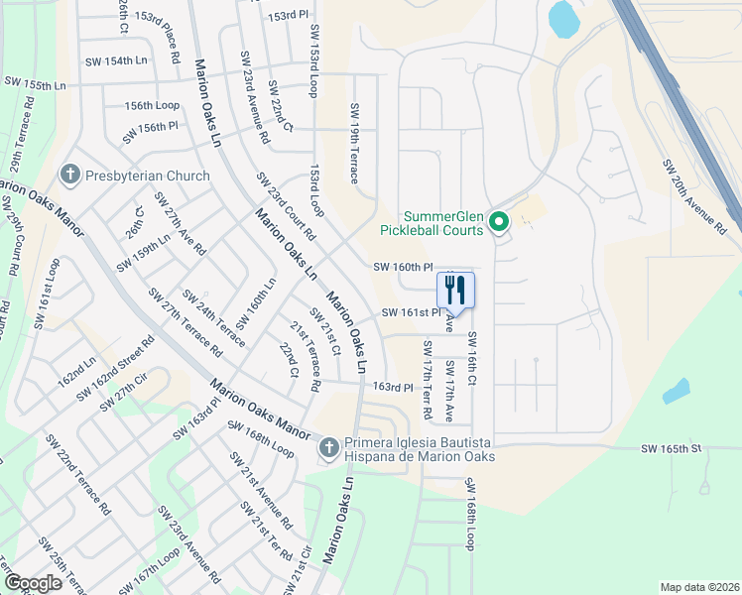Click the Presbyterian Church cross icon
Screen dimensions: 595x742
[x=69, y=176]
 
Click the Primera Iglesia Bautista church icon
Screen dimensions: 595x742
[x=328, y=449]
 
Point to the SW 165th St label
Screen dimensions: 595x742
[x=671, y=448]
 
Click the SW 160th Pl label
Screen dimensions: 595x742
[x=404, y=267]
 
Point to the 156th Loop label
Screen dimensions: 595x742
[x=152, y=105]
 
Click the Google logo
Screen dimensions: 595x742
[x=34, y=583]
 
